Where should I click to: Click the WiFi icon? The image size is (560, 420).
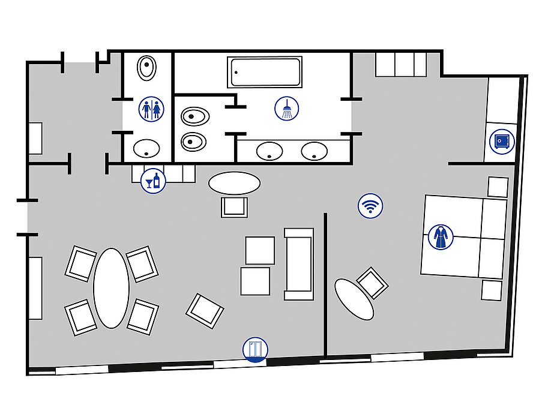coord(370,206)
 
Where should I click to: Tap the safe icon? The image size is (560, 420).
coord(502,142)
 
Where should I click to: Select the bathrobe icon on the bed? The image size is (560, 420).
coord(441,237)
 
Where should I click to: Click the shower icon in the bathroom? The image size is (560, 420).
coord(287,109)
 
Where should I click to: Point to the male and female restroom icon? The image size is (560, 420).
coord(151,109)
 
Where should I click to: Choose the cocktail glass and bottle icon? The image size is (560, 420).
coord(153,180)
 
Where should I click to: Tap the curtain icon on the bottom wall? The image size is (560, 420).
coord(255,349)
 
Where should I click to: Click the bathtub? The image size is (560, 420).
coord(265,72)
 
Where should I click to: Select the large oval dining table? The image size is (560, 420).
coord(112,288)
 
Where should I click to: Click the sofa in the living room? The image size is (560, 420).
coord(299,264)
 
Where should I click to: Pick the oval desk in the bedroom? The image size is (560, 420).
coord(354,299)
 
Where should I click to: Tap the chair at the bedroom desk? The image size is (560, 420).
coord(372,283)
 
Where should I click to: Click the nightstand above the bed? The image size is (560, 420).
coord(498,187)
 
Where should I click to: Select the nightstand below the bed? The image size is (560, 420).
coord(491,290)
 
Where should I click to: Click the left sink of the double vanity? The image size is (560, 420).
coord(269,151)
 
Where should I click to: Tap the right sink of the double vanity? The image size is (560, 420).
coord(314,151)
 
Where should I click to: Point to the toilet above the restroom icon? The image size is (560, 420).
coord(146,67)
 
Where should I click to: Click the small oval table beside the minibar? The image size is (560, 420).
coord(235,182)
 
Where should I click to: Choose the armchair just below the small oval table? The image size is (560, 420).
coord(234,207)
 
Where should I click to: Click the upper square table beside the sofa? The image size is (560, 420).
coord(260,250)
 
